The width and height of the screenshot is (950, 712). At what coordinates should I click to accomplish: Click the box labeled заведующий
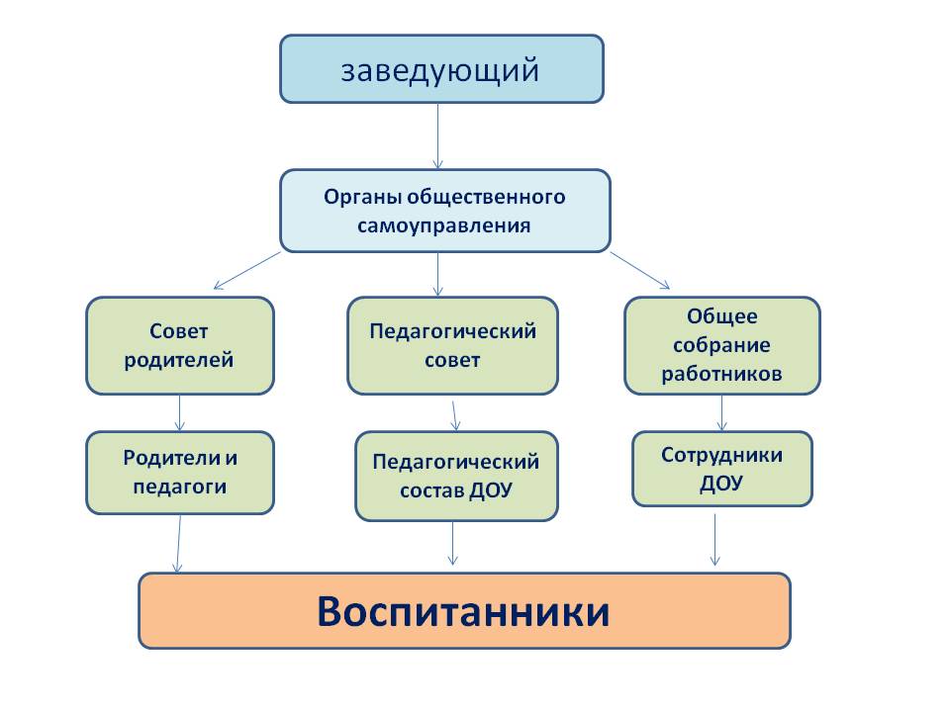pyautogui.click(x=441, y=69)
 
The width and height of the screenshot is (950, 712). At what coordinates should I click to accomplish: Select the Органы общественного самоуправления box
pyautogui.click(x=444, y=211)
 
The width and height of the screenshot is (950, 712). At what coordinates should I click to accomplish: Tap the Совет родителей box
pyautogui.click(x=180, y=346)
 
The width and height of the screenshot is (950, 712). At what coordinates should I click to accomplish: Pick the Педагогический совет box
pyautogui.click(x=452, y=346)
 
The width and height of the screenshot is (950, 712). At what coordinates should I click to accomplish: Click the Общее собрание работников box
pyautogui.click(x=722, y=346)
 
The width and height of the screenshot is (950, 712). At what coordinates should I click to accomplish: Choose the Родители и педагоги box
pyautogui.click(x=180, y=473)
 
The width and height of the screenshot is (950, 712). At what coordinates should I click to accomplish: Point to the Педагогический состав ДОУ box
pyautogui.click(x=456, y=477)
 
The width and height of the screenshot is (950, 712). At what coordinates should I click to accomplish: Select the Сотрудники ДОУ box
pyautogui.click(x=722, y=469)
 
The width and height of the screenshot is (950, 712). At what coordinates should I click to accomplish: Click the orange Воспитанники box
pyautogui.click(x=465, y=611)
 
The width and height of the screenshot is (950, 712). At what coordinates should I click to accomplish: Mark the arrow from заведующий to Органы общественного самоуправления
pyautogui.click(x=438, y=136)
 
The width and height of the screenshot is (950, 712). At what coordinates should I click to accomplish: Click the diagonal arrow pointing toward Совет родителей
pyautogui.click(x=246, y=271)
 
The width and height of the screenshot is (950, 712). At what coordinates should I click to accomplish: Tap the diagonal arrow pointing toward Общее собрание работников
pyautogui.click(x=640, y=271)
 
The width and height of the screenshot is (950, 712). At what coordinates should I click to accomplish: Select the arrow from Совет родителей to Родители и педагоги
pyautogui.click(x=179, y=413)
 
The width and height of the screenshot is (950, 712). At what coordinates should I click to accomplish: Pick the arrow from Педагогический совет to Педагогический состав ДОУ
pyautogui.click(x=455, y=416)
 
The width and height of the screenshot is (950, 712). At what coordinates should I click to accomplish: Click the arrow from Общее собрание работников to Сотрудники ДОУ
pyautogui.click(x=721, y=413)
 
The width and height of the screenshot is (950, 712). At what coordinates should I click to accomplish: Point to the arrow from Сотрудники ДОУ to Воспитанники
pyautogui.click(x=714, y=540)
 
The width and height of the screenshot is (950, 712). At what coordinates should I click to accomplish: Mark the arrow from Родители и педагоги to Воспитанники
pyautogui.click(x=179, y=544)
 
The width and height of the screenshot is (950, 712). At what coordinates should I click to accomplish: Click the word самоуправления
pyautogui.click(x=444, y=226)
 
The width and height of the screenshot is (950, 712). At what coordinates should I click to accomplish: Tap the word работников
pyautogui.click(x=721, y=374)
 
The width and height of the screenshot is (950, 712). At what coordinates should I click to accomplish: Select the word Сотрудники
pyautogui.click(x=721, y=455)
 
